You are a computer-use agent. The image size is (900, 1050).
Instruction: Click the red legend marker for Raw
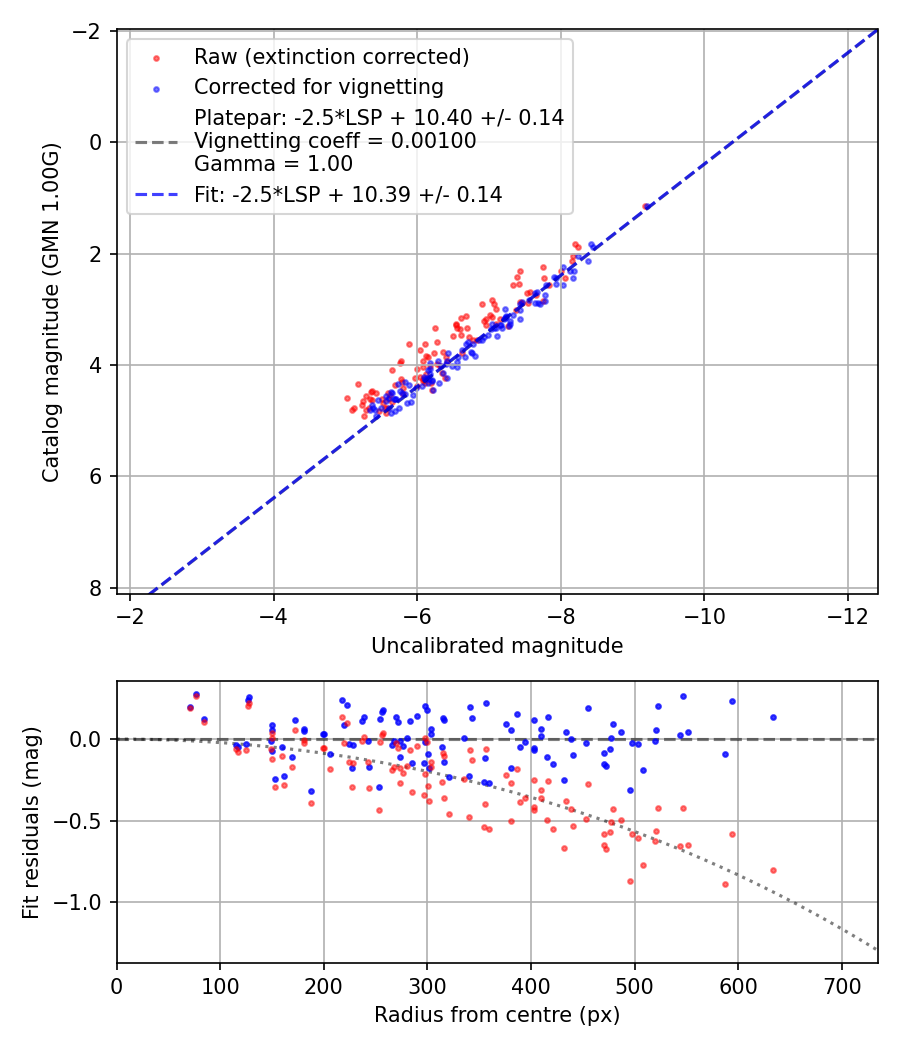point(157,58)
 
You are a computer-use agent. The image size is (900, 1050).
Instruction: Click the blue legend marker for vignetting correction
point(157,88)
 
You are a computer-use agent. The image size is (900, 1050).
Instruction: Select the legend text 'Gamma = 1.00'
point(273,164)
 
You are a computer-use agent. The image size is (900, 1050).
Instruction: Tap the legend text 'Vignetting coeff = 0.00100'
point(335,141)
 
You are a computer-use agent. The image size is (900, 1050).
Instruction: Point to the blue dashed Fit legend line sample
point(157,195)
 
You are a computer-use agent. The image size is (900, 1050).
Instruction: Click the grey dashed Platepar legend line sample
point(157,142)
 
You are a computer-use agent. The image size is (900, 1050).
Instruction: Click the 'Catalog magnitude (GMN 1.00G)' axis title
point(51,312)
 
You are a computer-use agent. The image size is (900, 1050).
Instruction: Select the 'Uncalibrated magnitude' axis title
point(497,646)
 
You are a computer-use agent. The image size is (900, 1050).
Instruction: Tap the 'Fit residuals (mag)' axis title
point(31,822)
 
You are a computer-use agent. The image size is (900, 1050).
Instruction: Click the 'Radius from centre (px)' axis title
point(497,1015)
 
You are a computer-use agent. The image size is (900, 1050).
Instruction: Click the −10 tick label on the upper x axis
point(704,616)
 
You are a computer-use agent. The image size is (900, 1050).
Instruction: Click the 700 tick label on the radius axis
point(842,986)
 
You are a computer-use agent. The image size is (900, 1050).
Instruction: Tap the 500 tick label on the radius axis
point(634,986)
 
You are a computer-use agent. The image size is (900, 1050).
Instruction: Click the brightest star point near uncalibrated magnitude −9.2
point(646,206)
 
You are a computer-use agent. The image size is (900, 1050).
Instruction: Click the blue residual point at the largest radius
point(773,717)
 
